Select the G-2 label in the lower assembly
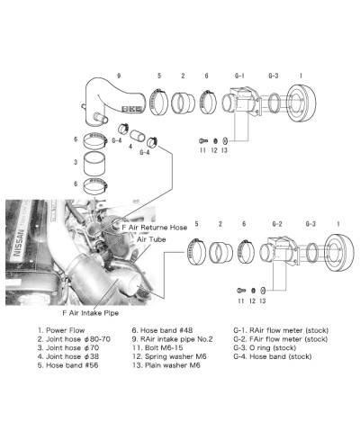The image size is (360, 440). pyautogui.click(x=277, y=222)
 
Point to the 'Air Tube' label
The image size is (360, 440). pyautogui.click(x=150, y=241)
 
